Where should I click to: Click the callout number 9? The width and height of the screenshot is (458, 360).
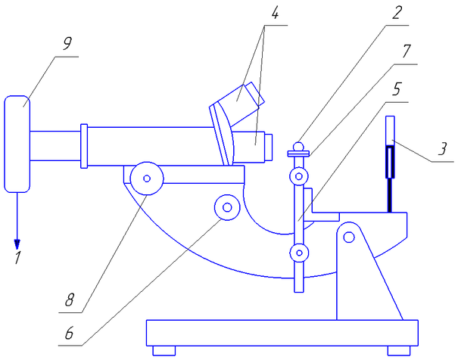[x=67, y=43]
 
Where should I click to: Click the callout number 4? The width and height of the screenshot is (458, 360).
[x=275, y=12]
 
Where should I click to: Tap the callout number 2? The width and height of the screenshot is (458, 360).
[x=397, y=13]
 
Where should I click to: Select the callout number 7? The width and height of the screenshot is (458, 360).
[x=406, y=51]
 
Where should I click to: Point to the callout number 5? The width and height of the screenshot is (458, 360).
[x=397, y=88]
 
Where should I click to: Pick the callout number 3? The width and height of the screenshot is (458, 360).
[x=443, y=148]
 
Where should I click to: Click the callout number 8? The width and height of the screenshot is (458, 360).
[x=70, y=299]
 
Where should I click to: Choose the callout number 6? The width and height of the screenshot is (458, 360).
[x=69, y=333]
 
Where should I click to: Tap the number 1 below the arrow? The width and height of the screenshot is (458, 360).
[x=18, y=257]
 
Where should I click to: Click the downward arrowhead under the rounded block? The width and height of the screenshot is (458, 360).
[x=17, y=244]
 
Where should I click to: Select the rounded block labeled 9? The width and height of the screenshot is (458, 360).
[x=17, y=144]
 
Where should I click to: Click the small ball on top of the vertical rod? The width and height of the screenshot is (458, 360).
[x=298, y=147]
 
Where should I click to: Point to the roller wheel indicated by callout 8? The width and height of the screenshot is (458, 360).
[x=147, y=178]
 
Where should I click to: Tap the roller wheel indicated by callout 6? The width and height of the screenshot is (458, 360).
[x=227, y=207]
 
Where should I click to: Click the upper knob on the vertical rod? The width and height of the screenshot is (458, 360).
[x=299, y=176]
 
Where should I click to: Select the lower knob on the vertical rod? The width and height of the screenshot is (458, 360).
[x=299, y=253]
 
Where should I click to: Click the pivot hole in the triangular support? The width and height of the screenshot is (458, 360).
[x=349, y=237]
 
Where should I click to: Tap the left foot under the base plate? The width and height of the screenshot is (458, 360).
[x=164, y=351]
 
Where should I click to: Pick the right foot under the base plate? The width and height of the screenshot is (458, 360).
[x=399, y=351]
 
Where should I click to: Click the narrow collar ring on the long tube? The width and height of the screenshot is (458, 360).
[x=84, y=146]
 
